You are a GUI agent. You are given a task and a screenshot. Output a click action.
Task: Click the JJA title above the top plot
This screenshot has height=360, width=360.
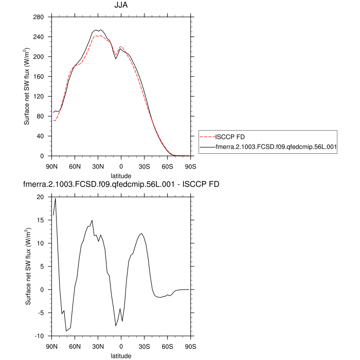click(121, 6)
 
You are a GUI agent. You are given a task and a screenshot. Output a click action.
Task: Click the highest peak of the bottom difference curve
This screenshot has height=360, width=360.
click(55, 199)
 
